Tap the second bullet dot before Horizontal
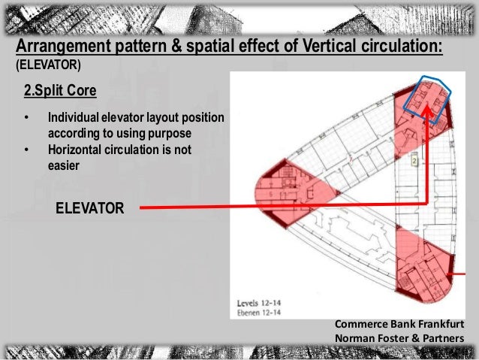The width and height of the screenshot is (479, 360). tap(28, 150)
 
